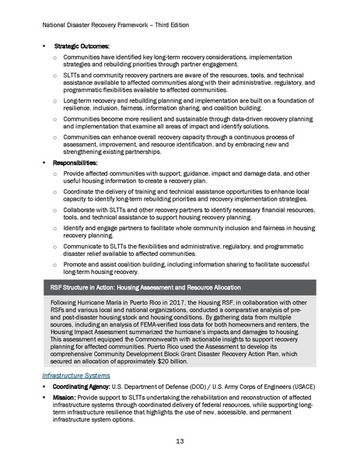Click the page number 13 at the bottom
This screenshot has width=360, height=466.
(180, 443)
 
